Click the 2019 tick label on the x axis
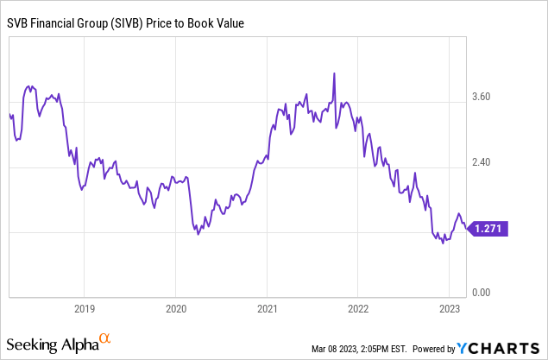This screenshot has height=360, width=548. point(84,307)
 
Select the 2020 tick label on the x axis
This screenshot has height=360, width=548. point(175,307)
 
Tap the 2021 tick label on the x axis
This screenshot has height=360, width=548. point(267,307)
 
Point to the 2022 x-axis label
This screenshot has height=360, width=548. point(358,307)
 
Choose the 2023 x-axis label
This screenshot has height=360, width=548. point(450,307)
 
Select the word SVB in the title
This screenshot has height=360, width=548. point(18,23)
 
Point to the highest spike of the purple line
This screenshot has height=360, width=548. point(334,74)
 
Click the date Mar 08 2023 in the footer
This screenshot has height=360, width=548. point(337,349)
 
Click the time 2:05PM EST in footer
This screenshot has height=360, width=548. point(387,349)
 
